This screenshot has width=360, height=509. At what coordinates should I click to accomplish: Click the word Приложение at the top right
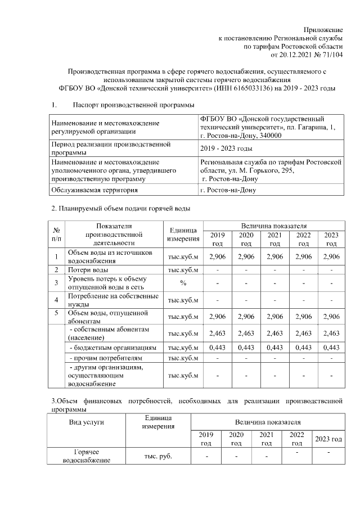(323, 29)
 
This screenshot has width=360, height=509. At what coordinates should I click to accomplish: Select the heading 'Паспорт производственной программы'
(134, 105)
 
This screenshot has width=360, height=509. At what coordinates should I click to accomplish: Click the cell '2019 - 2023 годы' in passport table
(226, 148)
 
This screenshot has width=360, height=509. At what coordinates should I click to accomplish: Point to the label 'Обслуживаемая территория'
(94, 190)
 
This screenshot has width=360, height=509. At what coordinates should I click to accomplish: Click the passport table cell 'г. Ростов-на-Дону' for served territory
(228, 190)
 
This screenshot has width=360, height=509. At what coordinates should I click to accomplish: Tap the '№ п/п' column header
(57, 235)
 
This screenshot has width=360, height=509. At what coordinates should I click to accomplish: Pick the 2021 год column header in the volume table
(274, 239)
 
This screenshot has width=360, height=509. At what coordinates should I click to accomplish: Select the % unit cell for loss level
(183, 282)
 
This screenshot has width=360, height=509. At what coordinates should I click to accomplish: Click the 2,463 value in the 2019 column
(217, 334)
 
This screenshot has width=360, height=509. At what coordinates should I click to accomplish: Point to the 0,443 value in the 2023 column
(332, 347)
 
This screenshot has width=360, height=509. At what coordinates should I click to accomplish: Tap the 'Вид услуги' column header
(87, 421)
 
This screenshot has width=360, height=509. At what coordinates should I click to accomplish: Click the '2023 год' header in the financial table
(328, 439)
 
